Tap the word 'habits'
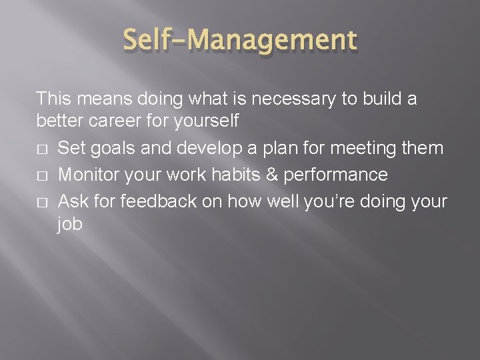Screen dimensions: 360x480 click(239, 175)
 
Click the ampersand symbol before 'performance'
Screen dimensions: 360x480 click(273, 175)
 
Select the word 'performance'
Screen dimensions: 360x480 click(335, 175)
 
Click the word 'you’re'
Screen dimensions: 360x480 click(327, 201)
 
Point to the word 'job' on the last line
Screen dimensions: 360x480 click(70, 225)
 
